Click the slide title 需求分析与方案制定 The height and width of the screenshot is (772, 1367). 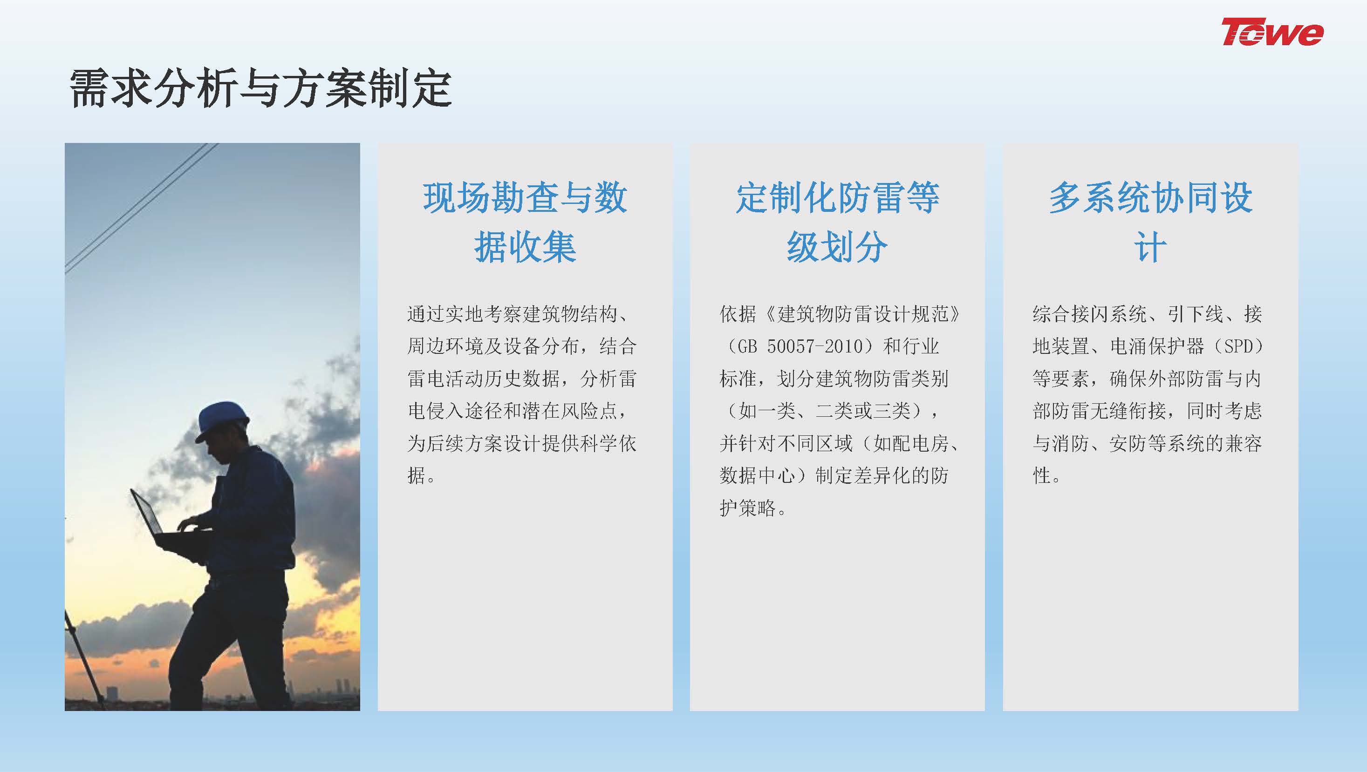click(x=260, y=88)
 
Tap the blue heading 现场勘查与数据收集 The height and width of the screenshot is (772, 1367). click(x=525, y=222)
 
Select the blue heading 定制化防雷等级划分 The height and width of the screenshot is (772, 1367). click(x=837, y=222)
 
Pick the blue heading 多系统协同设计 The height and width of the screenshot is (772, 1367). click(x=1150, y=222)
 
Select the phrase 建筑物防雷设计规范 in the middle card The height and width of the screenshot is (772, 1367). click(x=862, y=314)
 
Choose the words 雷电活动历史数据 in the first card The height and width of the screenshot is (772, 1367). click(x=484, y=379)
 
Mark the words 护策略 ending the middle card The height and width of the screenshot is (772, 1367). click(x=748, y=508)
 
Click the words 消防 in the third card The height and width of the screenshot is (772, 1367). click(x=1071, y=443)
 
